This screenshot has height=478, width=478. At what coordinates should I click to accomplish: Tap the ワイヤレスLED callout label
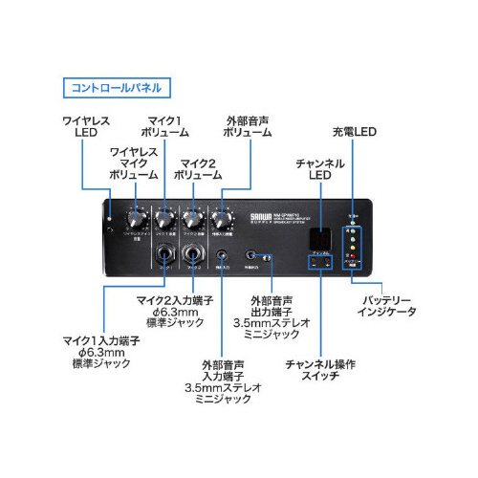point(86,128)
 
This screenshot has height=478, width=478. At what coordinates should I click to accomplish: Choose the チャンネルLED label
point(318,170)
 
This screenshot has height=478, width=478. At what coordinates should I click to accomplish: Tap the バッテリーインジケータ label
point(386,305)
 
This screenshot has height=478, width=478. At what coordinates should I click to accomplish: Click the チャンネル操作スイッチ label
point(320,370)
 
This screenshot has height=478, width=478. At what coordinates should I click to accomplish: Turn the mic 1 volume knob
point(165,216)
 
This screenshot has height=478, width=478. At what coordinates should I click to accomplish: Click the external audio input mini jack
point(223,255)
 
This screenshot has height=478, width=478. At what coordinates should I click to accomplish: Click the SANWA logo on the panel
point(261,215)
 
